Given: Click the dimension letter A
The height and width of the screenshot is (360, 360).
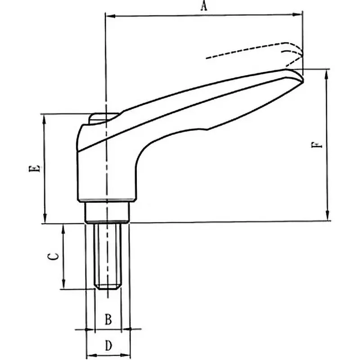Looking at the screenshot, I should [203, 6].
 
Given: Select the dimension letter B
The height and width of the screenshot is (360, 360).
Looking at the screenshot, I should [108, 319].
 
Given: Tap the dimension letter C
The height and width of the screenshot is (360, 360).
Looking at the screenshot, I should [53, 256].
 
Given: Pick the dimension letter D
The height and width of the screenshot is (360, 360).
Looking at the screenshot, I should [108, 346].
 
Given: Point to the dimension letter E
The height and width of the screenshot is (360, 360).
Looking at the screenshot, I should [35, 169].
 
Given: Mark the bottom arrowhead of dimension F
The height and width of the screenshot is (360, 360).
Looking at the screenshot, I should [327, 217].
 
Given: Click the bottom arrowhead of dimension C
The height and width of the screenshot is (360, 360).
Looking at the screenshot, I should [63, 285].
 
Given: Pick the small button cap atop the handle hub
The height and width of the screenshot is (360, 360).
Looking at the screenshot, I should [103, 117].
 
